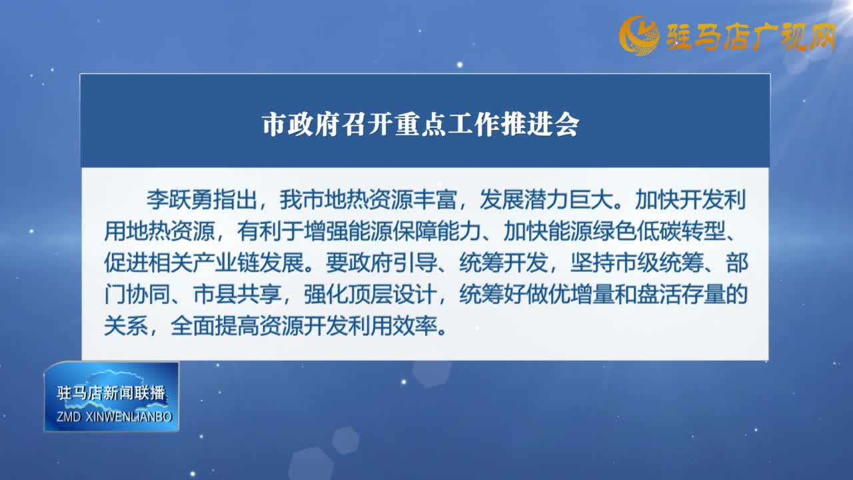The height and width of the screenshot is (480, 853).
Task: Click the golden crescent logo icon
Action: [x=640, y=35]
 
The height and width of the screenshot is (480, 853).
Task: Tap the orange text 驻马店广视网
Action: [x=750, y=37]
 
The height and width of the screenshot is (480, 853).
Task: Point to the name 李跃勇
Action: [x=180, y=199]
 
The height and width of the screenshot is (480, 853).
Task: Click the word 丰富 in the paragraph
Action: [x=434, y=199]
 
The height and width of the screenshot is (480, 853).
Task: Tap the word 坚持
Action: [x=592, y=263]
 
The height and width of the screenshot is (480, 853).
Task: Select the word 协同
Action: [x=148, y=294]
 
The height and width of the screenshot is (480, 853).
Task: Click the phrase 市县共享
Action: [x=237, y=294]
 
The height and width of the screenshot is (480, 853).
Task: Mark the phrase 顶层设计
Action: [x=392, y=294]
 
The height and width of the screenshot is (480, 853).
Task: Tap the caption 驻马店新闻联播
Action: [x=111, y=393]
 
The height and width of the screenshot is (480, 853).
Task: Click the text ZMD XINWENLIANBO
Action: [x=114, y=417]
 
